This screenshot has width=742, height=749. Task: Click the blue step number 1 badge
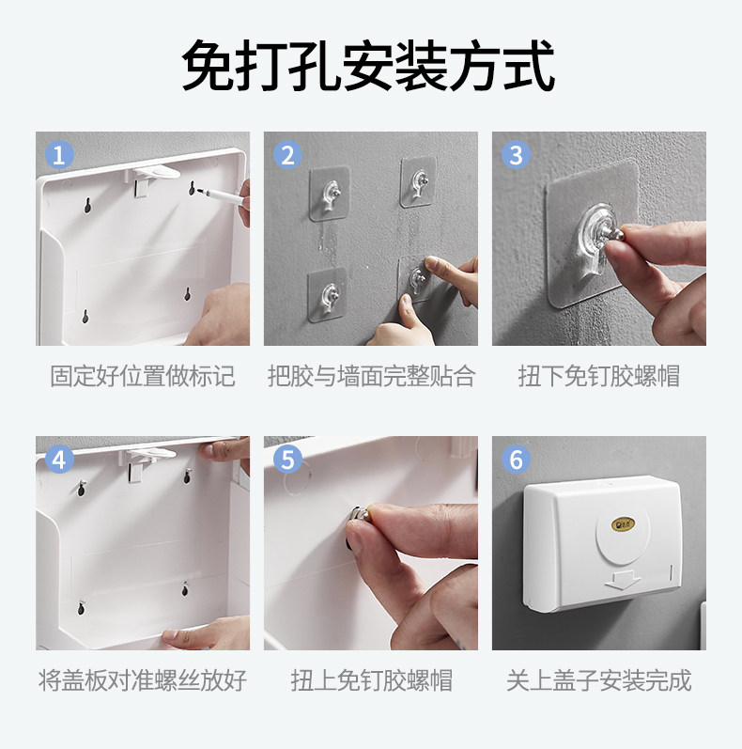click(x=59, y=155)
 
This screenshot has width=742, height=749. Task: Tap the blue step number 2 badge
click(x=287, y=155)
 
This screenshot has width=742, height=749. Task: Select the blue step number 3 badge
click(x=516, y=155)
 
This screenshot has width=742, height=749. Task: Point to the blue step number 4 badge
click(x=59, y=460)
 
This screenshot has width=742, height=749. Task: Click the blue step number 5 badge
click(x=287, y=460)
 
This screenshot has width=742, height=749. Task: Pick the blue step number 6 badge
click(x=516, y=460)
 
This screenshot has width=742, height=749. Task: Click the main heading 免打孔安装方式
click(x=368, y=66)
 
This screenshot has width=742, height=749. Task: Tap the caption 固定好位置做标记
click(x=142, y=376)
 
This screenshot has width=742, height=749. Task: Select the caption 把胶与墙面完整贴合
click(x=371, y=376)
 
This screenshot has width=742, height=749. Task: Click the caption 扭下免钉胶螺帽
click(x=598, y=376)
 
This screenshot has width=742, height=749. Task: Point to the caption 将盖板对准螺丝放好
click(x=142, y=680)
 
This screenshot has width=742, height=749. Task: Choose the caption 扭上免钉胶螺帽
click(x=371, y=680)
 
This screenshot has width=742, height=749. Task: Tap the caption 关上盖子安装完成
click(x=598, y=680)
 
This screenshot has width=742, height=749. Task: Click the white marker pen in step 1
click(x=222, y=195)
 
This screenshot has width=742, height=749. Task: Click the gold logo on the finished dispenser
click(x=624, y=524)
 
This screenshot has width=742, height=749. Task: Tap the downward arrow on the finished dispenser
click(x=623, y=581)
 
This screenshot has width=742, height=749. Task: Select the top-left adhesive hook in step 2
click(x=330, y=194)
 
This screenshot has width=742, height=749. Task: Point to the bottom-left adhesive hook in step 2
click(x=328, y=294)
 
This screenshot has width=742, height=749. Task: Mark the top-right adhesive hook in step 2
click(x=418, y=182)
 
